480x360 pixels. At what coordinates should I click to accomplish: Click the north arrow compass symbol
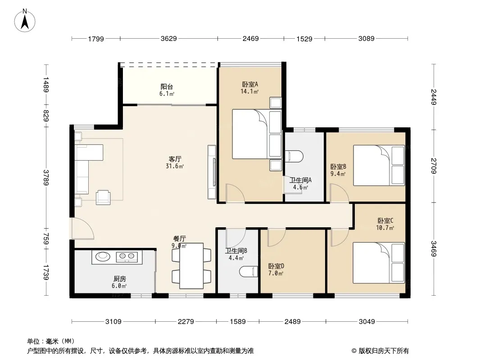[25, 21]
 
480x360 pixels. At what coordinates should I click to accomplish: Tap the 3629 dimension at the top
[169, 39]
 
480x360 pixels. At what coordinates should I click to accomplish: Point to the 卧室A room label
[250, 84]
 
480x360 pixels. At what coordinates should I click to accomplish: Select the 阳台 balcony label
[167, 87]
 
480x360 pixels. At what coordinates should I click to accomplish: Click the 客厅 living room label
[175, 159]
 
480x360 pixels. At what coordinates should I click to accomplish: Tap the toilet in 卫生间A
[294, 156]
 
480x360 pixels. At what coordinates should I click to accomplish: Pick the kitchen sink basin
[103, 256]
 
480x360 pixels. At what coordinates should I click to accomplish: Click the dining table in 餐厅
[192, 266]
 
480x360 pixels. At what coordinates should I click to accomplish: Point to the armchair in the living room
[103, 197]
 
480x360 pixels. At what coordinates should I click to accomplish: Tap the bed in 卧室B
[379, 166]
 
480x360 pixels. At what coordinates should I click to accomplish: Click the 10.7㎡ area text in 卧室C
[385, 228]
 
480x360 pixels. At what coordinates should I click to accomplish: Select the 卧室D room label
[276, 266]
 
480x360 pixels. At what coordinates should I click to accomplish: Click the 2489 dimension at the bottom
[292, 321]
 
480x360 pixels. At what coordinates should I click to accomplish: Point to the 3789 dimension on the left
[46, 177]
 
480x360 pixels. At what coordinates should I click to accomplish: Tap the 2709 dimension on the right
[434, 166]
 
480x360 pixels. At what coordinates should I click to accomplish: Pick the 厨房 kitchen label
[119, 279]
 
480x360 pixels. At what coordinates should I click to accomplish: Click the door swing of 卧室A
[235, 193]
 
